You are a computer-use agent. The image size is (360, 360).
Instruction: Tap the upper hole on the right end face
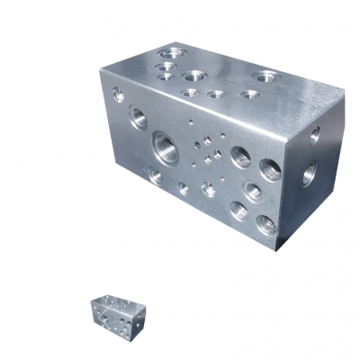[x=314, y=135]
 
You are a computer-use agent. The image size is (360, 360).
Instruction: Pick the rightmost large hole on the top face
[x=265, y=76]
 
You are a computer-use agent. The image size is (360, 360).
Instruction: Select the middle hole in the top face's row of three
[x=216, y=94]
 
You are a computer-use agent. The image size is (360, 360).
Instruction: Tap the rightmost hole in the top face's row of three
[x=248, y=94]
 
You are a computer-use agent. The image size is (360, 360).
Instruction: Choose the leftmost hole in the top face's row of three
[x=190, y=93]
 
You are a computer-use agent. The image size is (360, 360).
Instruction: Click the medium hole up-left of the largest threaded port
[x=138, y=115]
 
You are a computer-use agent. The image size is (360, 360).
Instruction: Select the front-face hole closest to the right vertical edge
[x=271, y=168]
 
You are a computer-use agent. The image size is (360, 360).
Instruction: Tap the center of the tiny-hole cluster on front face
[x=208, y=151]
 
